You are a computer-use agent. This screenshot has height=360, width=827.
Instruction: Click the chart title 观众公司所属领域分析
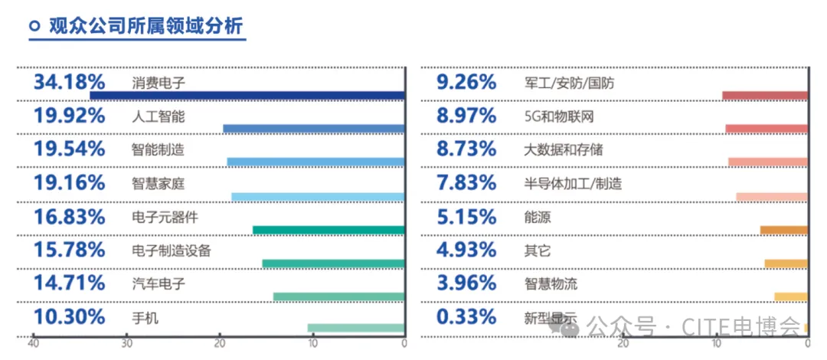pos(145,26)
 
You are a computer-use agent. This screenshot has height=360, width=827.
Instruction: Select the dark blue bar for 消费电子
pos(247,96)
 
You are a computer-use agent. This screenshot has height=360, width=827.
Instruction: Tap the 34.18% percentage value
pos(69,82)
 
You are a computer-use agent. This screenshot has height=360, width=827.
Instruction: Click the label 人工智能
pos(158,116)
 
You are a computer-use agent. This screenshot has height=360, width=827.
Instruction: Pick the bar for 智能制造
pos(315,162)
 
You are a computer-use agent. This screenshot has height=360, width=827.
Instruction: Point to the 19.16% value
pos(69,183)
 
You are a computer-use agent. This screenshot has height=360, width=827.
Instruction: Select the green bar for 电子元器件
pos(328,230)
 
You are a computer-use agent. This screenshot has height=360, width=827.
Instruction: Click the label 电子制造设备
pos(171,250)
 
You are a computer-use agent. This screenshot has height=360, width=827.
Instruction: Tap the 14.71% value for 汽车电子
pos(69,283)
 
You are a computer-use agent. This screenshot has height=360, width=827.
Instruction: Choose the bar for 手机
pos(355,329)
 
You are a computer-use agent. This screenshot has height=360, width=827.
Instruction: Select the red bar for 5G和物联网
pos(766,129)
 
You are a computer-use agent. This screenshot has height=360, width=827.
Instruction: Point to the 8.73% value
pos(466,149)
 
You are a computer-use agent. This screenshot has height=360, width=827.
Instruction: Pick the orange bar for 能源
pos(783,230)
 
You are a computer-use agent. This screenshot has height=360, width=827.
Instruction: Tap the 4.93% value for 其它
pos(466,250)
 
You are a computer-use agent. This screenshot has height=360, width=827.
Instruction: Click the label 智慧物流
pos(551,284)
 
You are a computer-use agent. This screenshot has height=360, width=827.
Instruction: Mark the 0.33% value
pos(466,317)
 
